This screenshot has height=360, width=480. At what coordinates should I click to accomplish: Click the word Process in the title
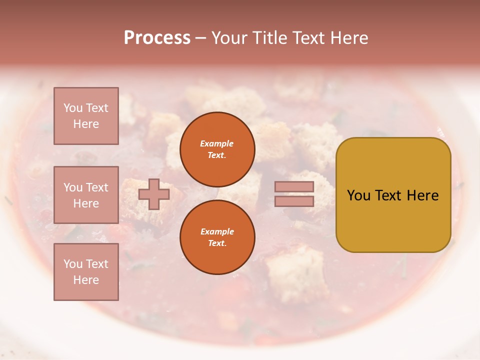(x=157, y=38)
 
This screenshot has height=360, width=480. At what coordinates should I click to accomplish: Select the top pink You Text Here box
(x=86, y=116)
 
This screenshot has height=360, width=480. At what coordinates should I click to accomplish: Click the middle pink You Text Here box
(x=86, y=195)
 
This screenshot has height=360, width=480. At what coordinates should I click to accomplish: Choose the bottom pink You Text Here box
(x=86, y=271)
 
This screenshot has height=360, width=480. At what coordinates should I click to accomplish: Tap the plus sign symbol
(x=154, y=194)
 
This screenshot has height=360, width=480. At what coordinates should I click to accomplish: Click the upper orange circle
(x=217, y=149)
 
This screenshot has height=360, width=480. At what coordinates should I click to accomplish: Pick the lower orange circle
(x=217, y=237)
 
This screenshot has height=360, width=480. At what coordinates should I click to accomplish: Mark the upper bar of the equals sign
(x=294, y=186)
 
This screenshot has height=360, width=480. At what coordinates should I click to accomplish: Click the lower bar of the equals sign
(x=294, y=201)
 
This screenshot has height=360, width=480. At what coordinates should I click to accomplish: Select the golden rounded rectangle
(x=393, y=194)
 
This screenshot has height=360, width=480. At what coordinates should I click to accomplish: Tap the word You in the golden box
(x=358, y=195)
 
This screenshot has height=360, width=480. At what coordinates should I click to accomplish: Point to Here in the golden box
(x=423, y=195)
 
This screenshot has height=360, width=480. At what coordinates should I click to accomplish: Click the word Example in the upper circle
(x=217, y=143)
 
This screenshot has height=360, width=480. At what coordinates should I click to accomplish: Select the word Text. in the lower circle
(x=217, y=243)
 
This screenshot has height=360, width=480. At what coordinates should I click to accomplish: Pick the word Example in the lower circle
(x=217, y=231)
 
